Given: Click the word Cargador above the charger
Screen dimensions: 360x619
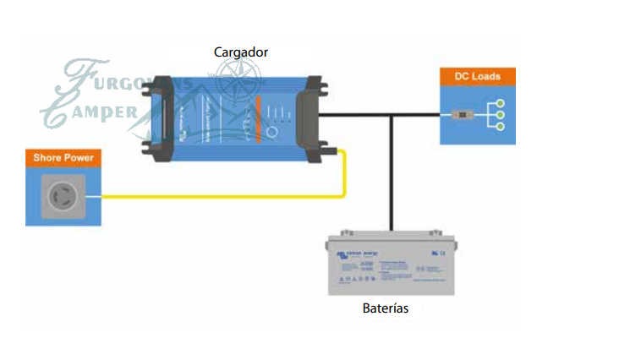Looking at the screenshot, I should click(241, 52).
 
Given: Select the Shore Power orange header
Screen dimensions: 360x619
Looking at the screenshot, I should click(63, 157).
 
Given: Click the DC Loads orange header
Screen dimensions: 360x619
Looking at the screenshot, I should click(478, 77).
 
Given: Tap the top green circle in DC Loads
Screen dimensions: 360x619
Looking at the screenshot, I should click(501, 103).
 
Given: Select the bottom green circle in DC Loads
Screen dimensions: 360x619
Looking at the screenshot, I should click(501, 126).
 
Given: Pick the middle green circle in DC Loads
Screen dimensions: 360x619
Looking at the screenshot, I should click(501, 114).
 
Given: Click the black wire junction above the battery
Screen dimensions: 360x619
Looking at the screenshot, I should click(391, 115).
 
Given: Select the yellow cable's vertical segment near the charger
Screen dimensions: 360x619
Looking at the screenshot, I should click(344, 173).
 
